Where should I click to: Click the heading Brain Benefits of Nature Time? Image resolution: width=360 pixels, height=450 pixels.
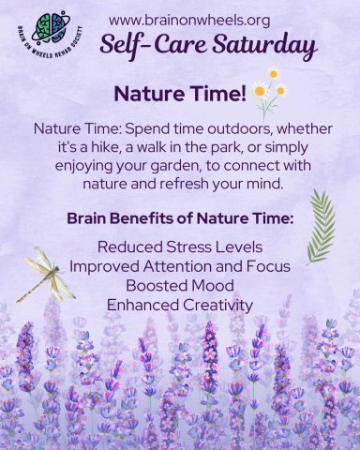click(x=179, y=218)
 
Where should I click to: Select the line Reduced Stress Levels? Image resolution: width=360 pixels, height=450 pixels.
click(x=179, y=247)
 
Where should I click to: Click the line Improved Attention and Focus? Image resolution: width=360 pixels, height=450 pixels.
click(x=179, y=266)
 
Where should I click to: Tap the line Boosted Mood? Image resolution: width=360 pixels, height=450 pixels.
click(x=179, y=285)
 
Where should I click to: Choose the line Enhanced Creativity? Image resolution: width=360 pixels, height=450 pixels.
click(x=179, y=304)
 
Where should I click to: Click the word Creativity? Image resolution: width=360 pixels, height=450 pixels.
click(x=217, y=304)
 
